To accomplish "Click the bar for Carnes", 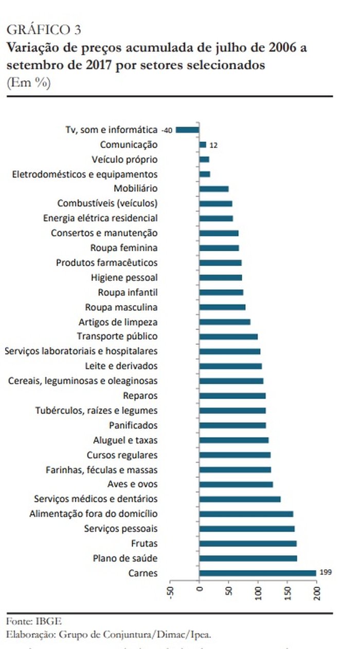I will pos(257,573).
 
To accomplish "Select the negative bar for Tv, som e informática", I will pos(187,130).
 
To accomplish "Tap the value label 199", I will pos(325,572).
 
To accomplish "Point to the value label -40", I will pos(167,130).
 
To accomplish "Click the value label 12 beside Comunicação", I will pos(213,146).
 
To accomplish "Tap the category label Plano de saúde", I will pos(125,558).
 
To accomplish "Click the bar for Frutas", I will pos(247,543).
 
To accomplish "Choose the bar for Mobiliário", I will pos(213,189).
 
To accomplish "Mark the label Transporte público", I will pos(117,336).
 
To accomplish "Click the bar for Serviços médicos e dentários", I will pos(240,499).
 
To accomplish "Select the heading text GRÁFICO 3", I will pos(43,29).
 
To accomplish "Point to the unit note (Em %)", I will pos(28,82).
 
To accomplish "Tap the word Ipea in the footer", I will pos(199,635).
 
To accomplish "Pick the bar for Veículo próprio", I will pos(204,160).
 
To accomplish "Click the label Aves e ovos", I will pos(132,484).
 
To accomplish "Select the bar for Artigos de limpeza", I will pos(224,322).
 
